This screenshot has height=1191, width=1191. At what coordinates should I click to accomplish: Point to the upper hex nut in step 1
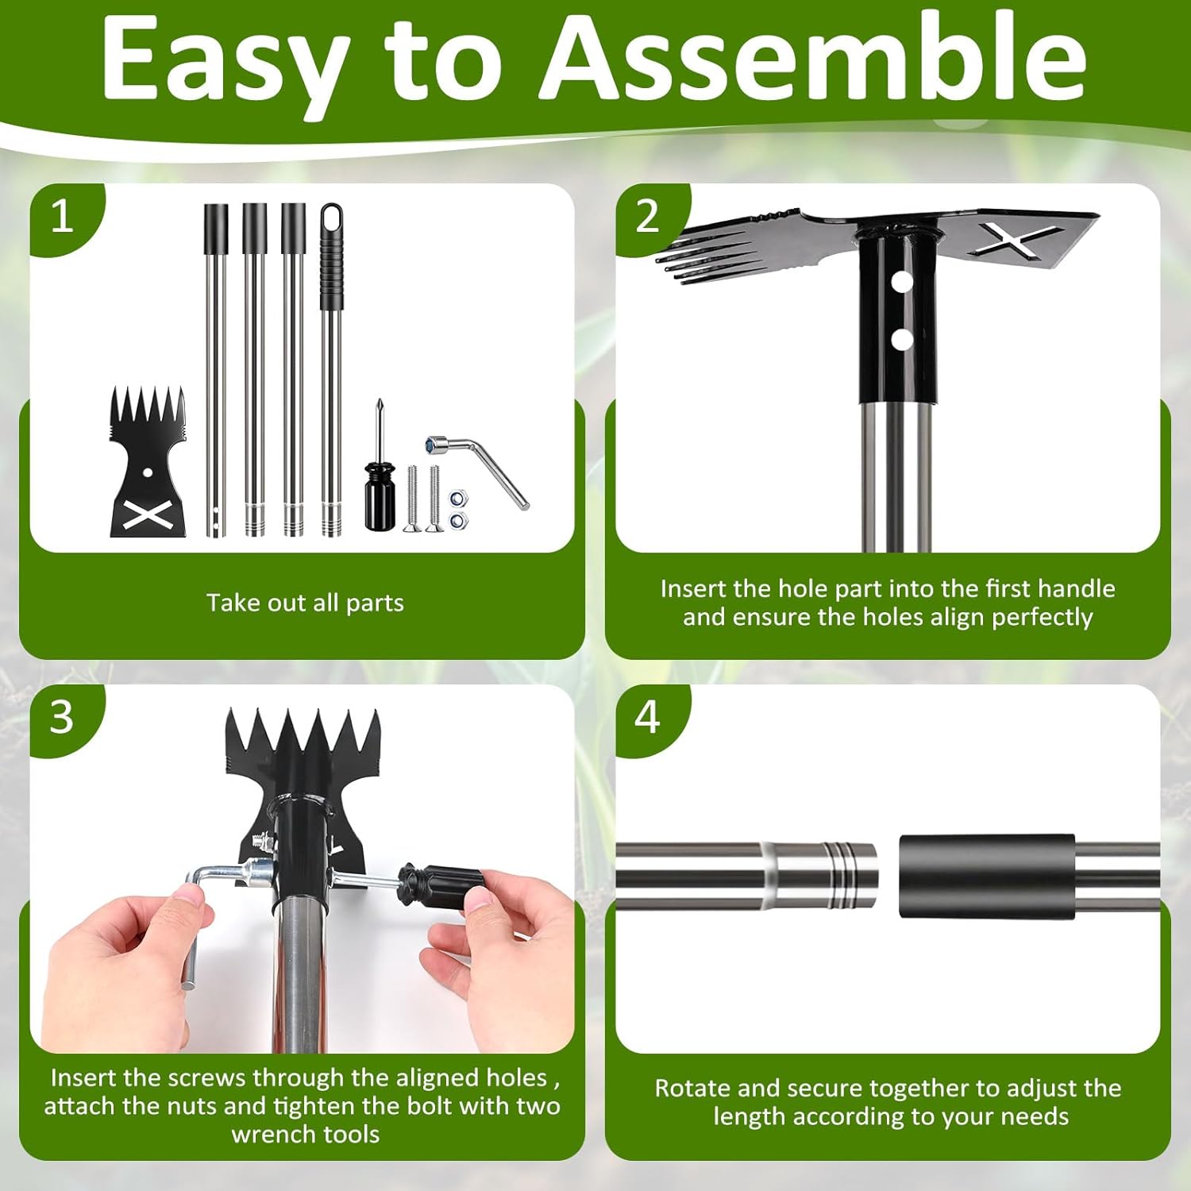(457, 499)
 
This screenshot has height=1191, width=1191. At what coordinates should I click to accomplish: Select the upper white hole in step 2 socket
(901, 281)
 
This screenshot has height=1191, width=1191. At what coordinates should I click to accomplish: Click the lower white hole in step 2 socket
(902, 340)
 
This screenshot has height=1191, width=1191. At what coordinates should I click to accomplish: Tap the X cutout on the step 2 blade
(1016, 239)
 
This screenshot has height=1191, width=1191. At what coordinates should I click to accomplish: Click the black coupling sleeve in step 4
(987, 877)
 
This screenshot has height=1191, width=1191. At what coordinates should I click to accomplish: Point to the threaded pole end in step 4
(822, 876)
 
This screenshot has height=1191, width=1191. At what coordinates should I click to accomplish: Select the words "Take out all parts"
(306, 603)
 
